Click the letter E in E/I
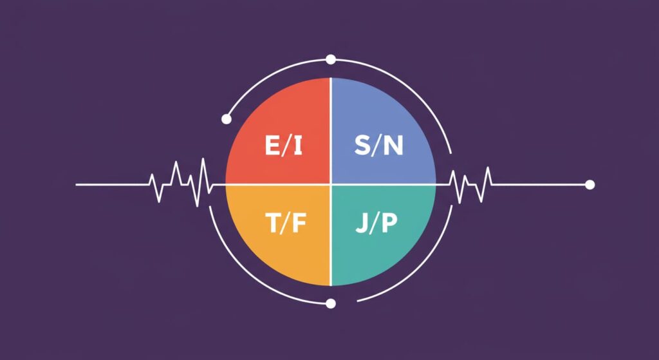pyautogui.click(x=273, y=146)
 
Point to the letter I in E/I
pyautogui.click(x=297, y=146)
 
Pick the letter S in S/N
pyautogui.click(x=362, y=146)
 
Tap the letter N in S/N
pyautogui.click(x=393, y=146)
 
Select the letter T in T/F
pyautogui.click(x=274, y=223)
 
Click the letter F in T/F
pyautogui.click(x=299, y=223)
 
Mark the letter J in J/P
pyautogui.click(x=361, y=223)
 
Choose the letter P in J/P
pyautogui.click(x=389, y=223)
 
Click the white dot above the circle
pyautogui.click(x=331, y=59)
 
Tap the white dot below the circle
pyautogui.click(x=331, y=303)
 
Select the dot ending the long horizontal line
pyautogui.click(x=590, y=185)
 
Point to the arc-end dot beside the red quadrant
pyautogui.click(x=227, y=119)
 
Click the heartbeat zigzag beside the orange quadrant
pyautogui.click(x=181, y=184)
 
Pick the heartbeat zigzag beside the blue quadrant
pyautogui.click(x=470, y=185)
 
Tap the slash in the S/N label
pyautogui.click(x=377, y=146)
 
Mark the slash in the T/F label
pyautogui.click(x=286, y=223)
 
